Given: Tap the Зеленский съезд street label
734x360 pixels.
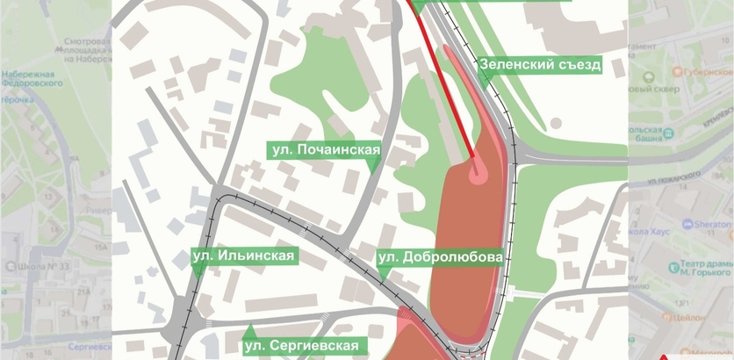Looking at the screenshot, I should point(539,64).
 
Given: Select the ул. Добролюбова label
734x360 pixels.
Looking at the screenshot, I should point(440,257).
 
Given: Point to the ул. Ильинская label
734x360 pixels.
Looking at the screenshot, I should point(244,256).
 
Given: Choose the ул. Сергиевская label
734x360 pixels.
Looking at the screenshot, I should point(302,345).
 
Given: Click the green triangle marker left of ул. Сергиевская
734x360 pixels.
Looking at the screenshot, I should point(250,331).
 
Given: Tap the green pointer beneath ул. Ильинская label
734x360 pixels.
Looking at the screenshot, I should point(199,271).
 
